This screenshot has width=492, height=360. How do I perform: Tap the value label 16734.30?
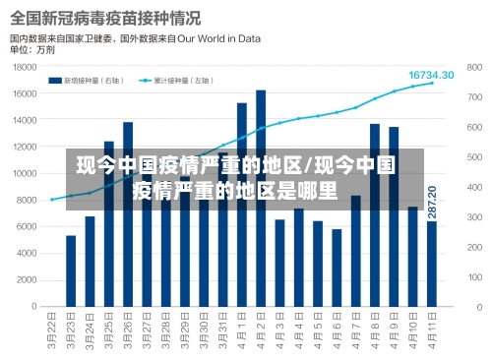coord(431,75)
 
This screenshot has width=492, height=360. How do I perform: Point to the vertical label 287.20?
coord(432,202)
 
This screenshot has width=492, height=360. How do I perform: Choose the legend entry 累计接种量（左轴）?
coord(178,81)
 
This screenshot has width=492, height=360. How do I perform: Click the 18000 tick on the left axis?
coord(25,67)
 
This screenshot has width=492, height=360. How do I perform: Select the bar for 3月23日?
coord(71,270)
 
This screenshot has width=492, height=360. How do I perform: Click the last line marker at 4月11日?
coord(431,84)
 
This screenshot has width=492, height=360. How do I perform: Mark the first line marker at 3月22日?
coord(52,200)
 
